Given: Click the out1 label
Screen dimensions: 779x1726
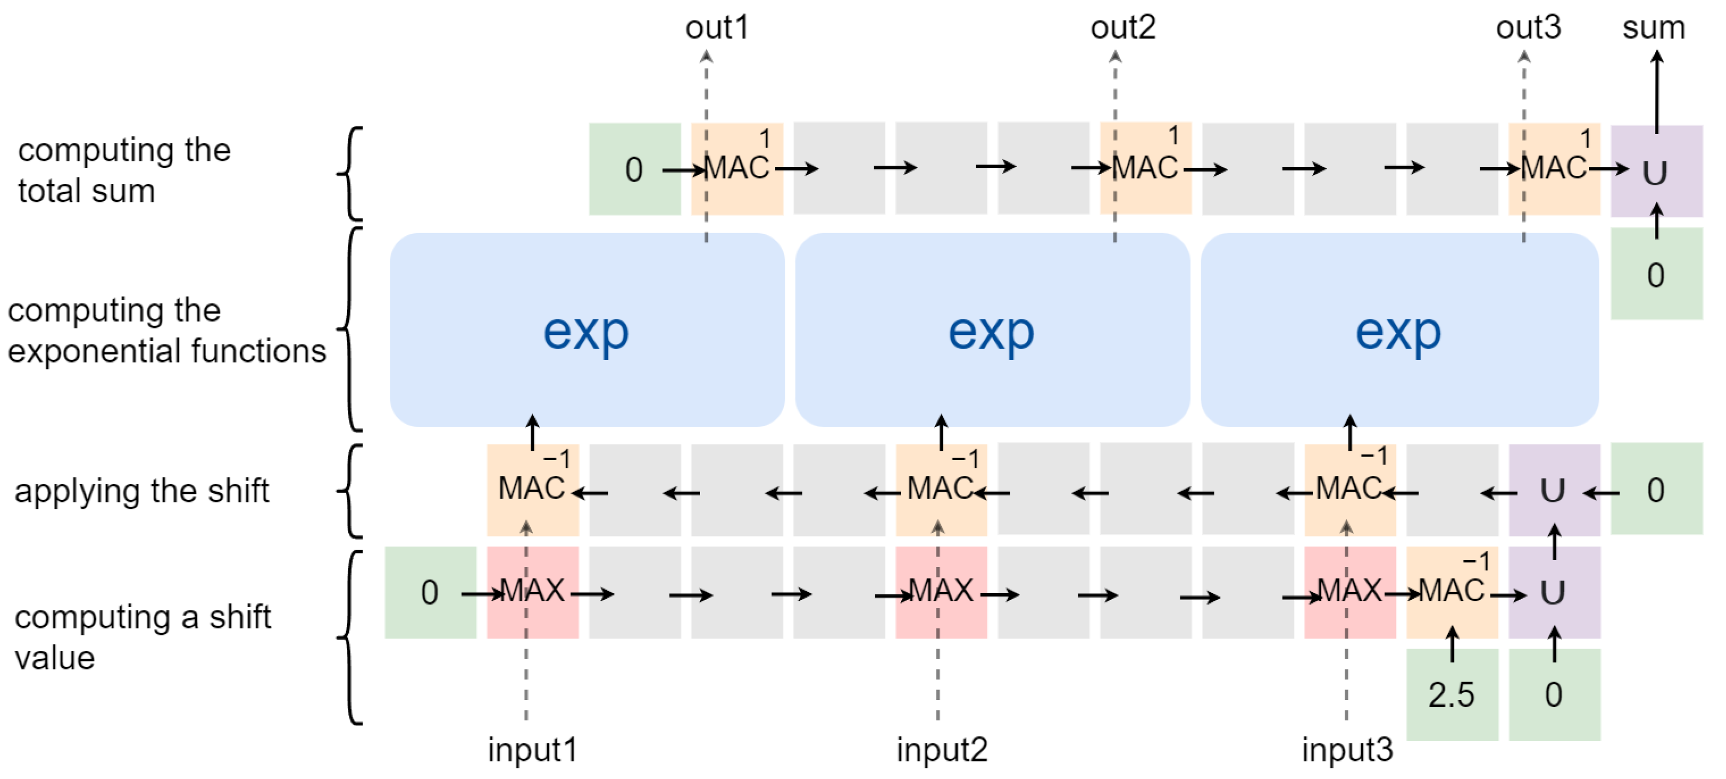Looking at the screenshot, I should coord(716,28).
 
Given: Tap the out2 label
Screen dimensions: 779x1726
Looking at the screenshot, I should coord(1123,28).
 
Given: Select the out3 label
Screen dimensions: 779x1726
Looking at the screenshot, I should coord(1528,28).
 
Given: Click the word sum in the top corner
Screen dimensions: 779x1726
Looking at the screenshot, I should coord(1653,28).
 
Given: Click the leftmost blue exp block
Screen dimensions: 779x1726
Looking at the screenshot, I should coord(587,330).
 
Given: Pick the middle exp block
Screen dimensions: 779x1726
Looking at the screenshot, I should coord(991,330).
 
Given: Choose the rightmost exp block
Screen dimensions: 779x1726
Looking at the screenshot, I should coord(1399,330).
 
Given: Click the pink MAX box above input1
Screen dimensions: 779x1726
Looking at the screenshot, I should coord(532,592).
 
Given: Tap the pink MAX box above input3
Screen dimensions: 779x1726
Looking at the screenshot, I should coord(1349,592).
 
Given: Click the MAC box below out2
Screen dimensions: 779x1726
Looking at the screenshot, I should coord(1145,168).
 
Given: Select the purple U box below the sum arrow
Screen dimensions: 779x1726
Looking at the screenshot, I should coord(1656,172).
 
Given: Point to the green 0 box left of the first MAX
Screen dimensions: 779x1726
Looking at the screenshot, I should coord(430,592).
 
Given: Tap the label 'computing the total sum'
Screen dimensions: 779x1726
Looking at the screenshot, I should coord(124,170).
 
